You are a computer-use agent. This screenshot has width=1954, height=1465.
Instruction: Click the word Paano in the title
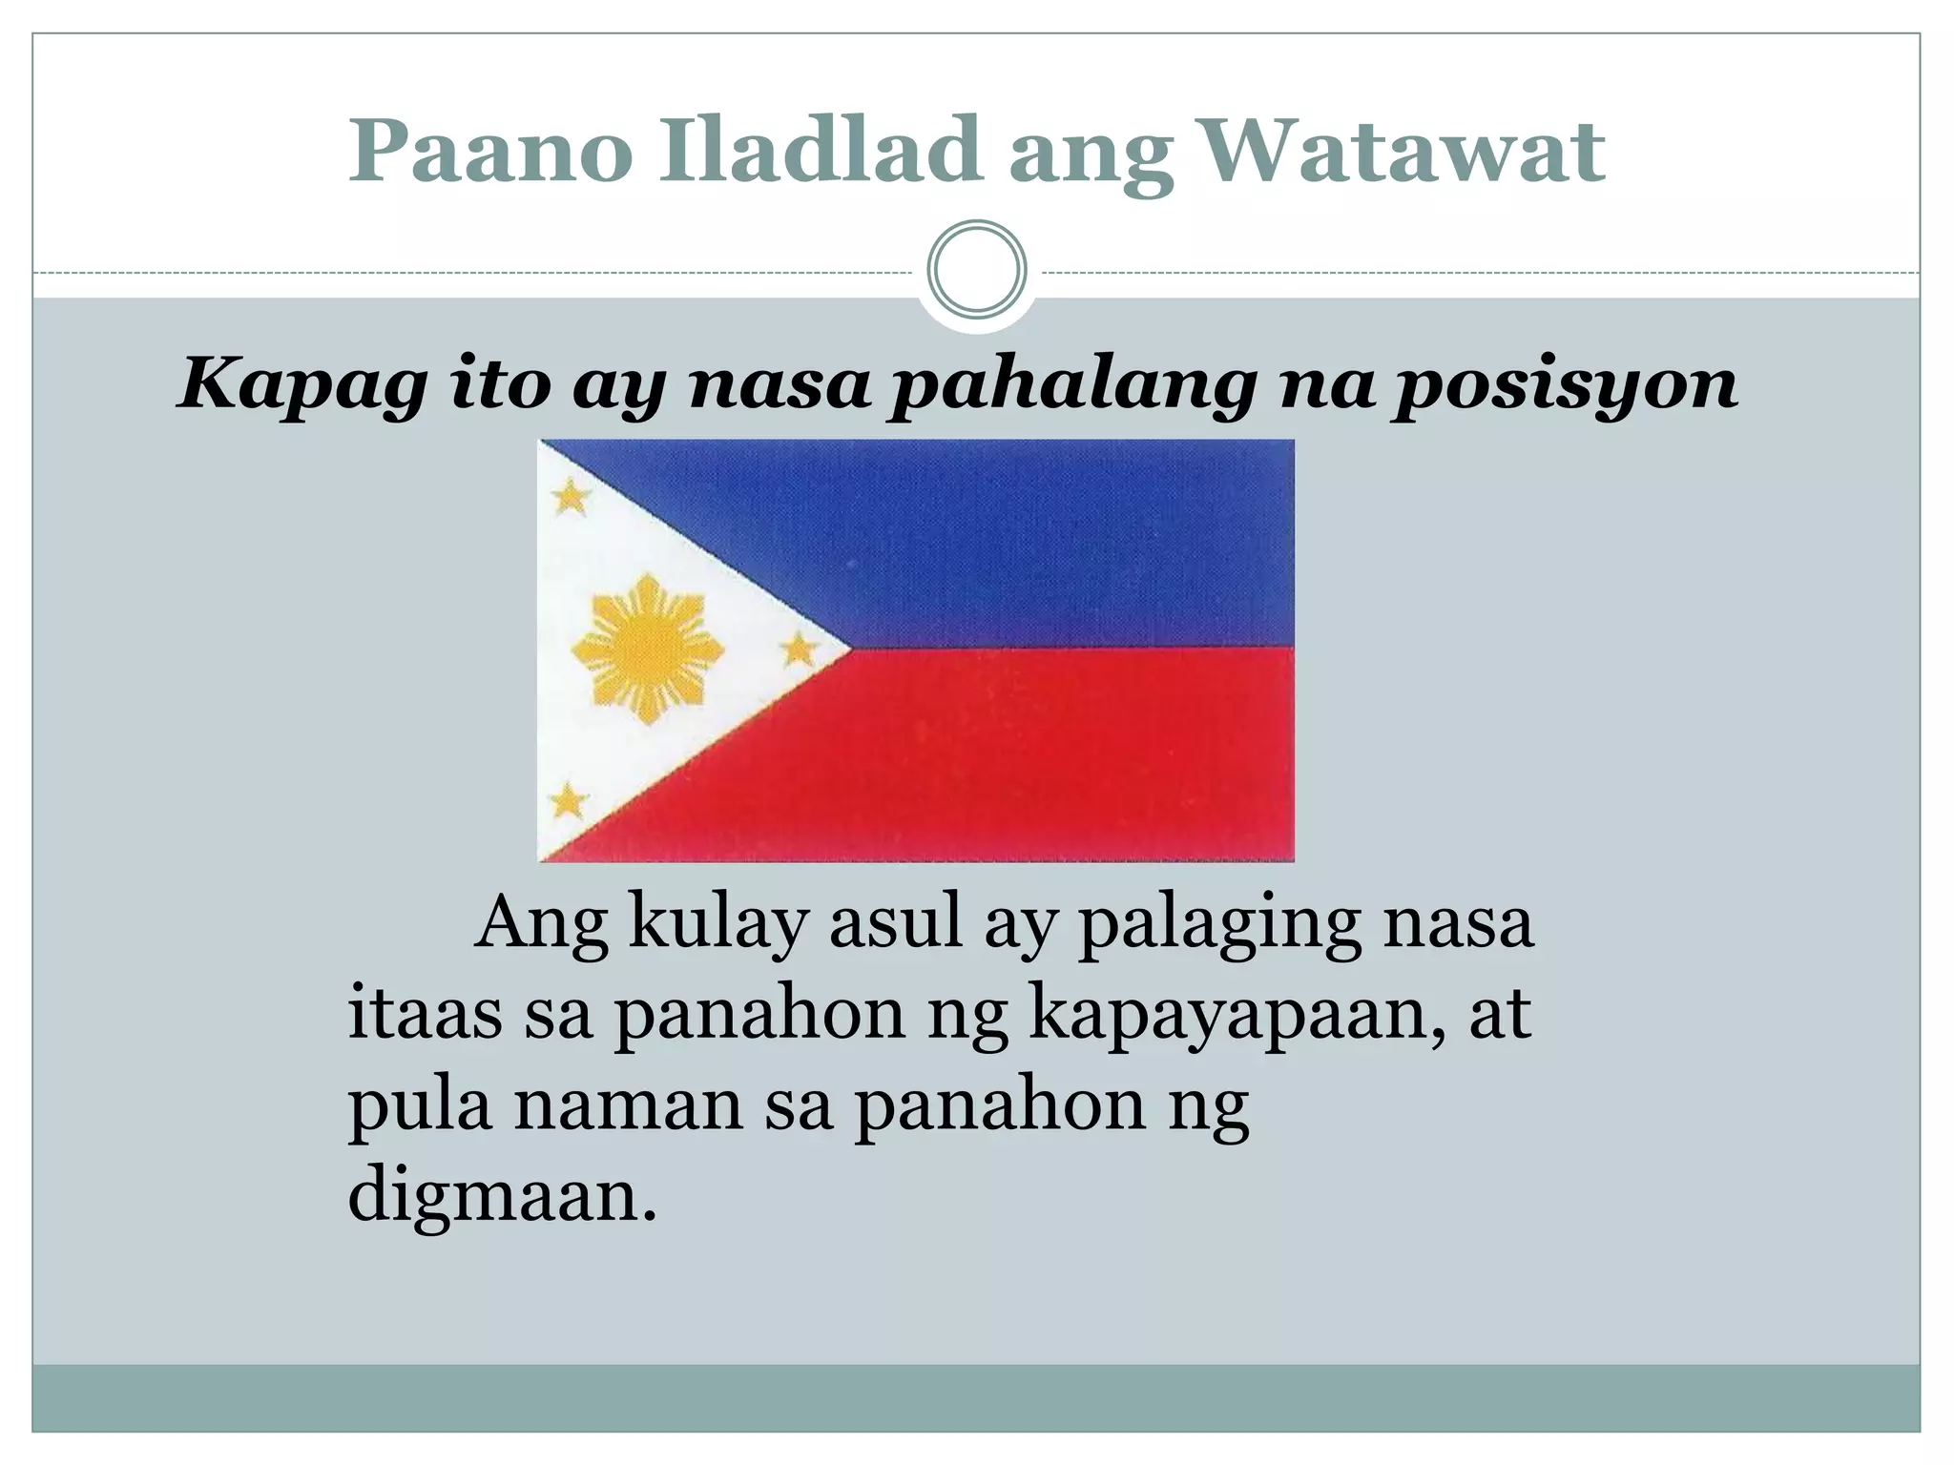490,153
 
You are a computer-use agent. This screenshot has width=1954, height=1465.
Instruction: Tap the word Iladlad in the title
820,153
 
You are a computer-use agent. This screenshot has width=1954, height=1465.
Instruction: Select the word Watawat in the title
1400,153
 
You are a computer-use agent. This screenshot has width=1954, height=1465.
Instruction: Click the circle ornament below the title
977,270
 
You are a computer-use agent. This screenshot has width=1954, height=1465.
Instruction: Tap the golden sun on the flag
648,649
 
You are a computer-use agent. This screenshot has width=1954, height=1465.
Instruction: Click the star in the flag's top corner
572,496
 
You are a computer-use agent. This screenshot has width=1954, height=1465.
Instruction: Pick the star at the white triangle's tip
799,650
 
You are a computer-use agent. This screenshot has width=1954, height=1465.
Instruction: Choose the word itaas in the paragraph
425,1014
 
